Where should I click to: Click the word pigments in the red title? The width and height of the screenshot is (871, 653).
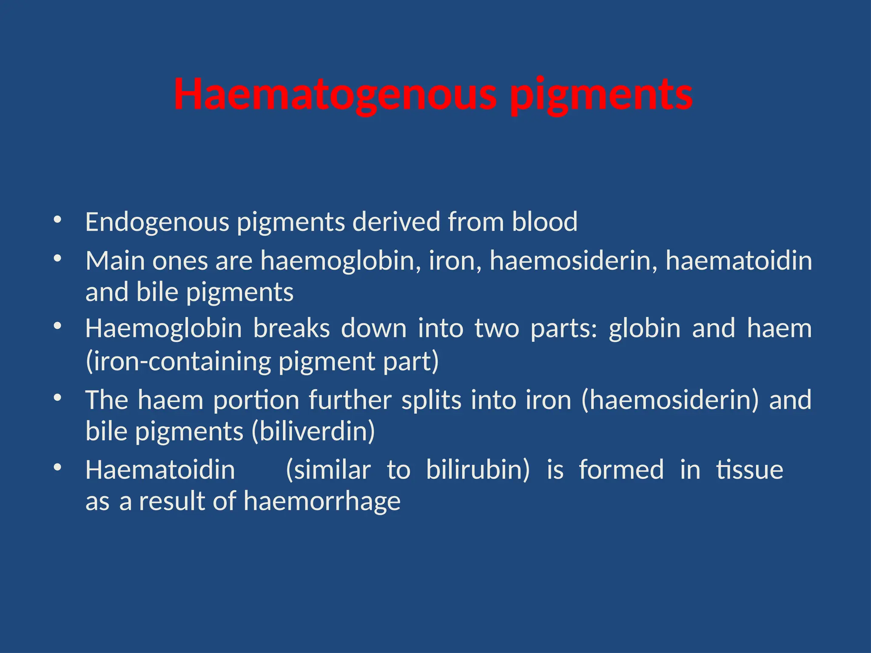[601, 94]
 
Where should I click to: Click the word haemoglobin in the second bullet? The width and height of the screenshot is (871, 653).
[338, 260]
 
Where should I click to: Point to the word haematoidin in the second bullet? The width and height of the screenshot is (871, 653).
[738, 260]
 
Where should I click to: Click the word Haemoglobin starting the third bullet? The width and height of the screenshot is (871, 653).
[163, 329]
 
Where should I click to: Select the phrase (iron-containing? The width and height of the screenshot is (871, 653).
[178, 361]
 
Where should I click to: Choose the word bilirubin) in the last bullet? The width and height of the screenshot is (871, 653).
[478, 470]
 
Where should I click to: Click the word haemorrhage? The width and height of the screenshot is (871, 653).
[322, 501]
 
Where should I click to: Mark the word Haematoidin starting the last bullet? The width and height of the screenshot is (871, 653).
[160, 470]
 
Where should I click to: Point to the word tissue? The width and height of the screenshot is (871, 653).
[749, 470]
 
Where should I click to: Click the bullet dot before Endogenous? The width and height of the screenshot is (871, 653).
[57, 220]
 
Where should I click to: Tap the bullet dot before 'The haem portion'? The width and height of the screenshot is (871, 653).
[57, 398]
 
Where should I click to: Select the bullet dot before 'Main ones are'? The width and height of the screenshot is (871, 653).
[57, 258]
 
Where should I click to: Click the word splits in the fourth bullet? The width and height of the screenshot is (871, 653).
[431, 400]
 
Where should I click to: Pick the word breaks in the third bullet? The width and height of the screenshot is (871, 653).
[291, 329]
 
